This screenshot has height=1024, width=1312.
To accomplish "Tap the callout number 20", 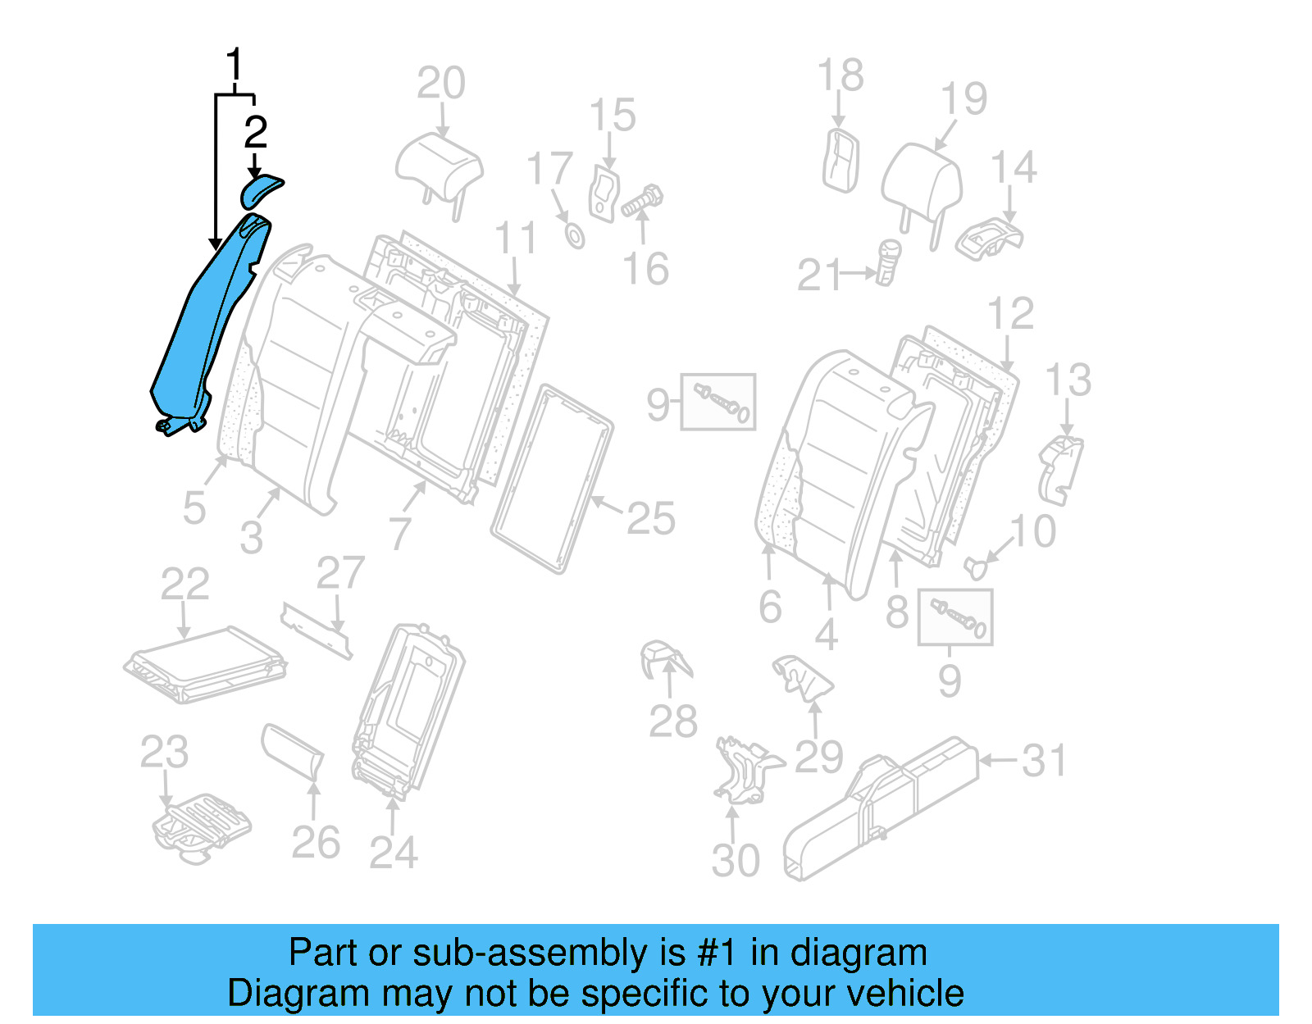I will coord(440,84).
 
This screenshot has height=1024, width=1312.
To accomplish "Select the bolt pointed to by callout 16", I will coord(643,201).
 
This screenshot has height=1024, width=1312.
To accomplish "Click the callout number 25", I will coord(650,519).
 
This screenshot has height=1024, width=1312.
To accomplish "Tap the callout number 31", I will coord(1044,761).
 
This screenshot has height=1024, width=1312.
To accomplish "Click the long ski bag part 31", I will coord(881,808).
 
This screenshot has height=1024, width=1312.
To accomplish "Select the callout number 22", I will coord(184,585).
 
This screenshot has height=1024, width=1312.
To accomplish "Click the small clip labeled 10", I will coord(975,566).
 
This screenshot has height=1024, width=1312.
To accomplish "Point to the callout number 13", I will coord(1068,380).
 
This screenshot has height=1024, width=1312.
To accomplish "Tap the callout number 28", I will coord(672,721).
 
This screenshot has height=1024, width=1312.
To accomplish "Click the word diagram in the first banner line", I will coord(859,953).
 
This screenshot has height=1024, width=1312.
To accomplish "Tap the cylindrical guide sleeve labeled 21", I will coord(887,262).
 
